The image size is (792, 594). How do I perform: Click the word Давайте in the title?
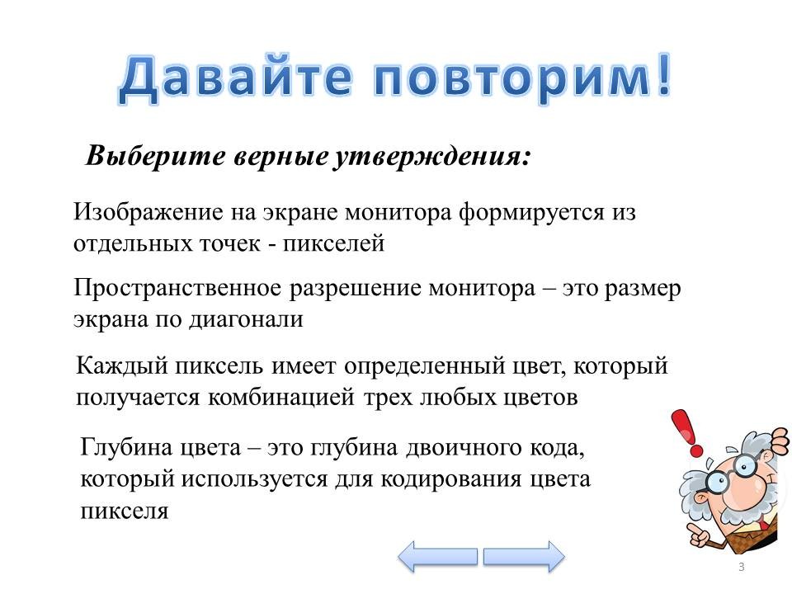235,79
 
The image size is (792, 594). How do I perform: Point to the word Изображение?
148,212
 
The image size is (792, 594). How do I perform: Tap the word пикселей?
333,243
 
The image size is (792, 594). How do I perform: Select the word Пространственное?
177,289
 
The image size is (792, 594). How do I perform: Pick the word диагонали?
246,320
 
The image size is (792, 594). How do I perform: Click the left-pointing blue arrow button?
437,557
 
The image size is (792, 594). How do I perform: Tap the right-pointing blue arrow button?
524,557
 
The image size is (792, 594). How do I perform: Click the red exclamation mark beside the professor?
687,433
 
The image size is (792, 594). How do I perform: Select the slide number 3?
741,567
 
